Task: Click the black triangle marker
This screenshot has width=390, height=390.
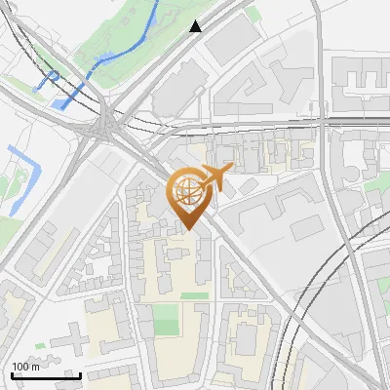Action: click(x=196, y=26)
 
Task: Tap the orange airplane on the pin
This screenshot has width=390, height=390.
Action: click(x=214, y=176)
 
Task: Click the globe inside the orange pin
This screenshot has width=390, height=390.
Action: click(x=188, y=192)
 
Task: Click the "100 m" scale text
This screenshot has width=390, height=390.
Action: click(x=25, y=367)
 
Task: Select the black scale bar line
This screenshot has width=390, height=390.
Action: click(x=45, y=375)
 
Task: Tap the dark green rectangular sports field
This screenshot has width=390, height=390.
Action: click(x=167, y=318)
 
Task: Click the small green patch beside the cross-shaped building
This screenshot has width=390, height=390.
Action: click(x=39, y=346)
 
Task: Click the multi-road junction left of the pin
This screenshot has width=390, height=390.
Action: click(x=105, y=126)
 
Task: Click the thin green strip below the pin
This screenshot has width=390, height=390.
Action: click(x=195, y=294)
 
